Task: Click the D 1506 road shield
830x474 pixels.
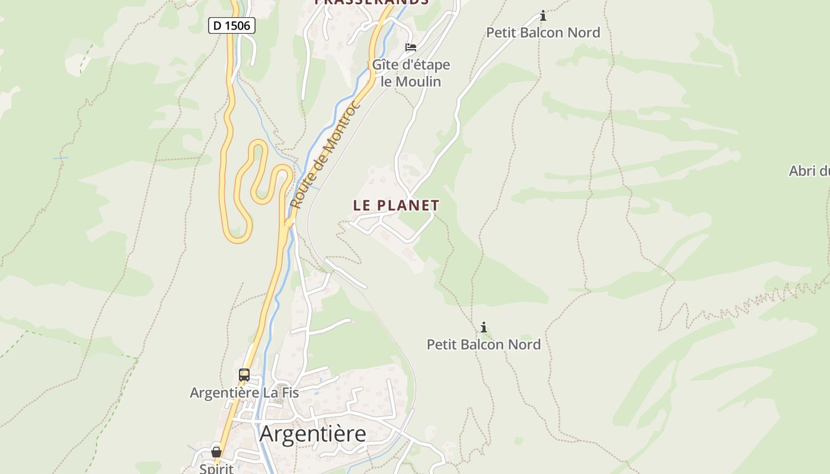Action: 232,25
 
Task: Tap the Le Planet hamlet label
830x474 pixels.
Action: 396,206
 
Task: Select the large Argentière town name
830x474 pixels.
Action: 312,434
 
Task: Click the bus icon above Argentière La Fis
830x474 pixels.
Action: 244,374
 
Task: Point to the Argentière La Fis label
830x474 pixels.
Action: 244,392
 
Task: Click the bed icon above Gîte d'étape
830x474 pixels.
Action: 411,47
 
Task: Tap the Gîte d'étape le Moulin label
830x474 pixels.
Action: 411,73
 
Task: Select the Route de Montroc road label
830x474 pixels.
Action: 324,155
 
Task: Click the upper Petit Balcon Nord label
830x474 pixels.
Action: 543,33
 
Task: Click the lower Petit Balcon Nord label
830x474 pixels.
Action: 484,344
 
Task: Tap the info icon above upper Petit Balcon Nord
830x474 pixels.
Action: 542,16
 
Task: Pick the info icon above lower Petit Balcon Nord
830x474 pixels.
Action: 484,327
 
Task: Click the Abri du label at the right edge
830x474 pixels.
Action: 809,171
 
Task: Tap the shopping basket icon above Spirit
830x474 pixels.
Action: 216,452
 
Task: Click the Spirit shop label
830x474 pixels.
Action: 216,468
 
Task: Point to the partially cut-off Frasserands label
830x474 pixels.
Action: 371,2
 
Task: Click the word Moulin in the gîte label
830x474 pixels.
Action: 419,81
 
